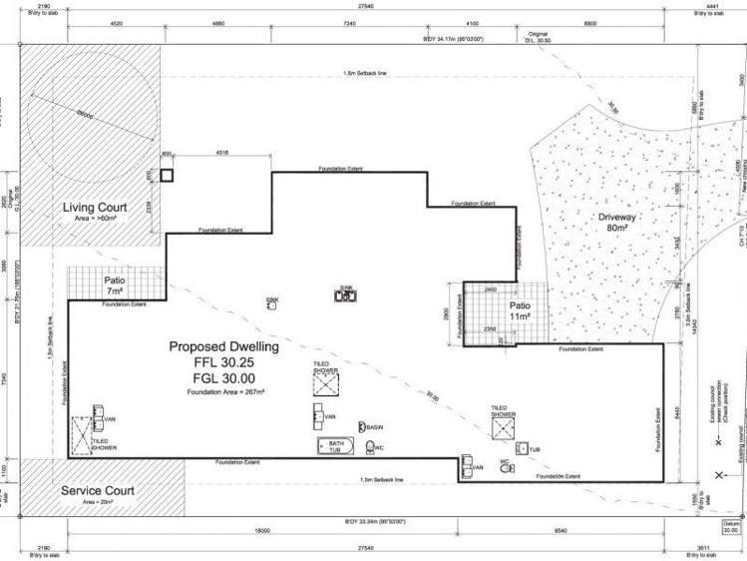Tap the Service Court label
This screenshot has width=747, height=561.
pos(98,491)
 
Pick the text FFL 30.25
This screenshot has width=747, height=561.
pos(223,362)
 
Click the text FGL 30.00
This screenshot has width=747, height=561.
pos(223,378)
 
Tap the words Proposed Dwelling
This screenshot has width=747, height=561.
pos(223,346)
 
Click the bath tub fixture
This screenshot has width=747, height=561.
pos(330,445)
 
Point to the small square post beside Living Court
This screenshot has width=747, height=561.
pos(167,176)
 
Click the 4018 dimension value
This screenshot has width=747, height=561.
pos(222,153)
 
